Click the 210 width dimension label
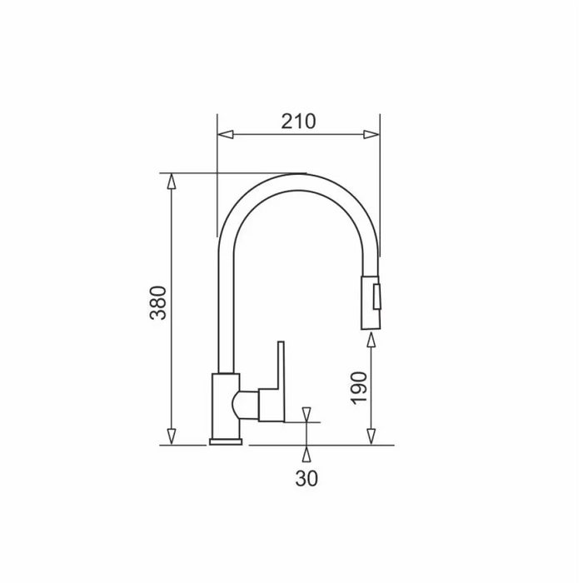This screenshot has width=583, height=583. click(298, 122)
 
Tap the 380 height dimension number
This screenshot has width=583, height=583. click(158, 302)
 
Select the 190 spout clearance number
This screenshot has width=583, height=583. click(359, 388)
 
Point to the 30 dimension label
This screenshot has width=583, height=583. click(306, 478)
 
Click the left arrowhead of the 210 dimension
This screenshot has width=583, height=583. click(226, 134)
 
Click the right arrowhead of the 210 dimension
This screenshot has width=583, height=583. click(371, 134)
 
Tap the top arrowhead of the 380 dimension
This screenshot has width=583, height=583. click(171, 181)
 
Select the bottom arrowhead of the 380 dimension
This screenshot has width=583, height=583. click(171, 436)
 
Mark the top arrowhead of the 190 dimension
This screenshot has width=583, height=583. click(371, 340)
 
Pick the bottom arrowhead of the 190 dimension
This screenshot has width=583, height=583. click(371, 436)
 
